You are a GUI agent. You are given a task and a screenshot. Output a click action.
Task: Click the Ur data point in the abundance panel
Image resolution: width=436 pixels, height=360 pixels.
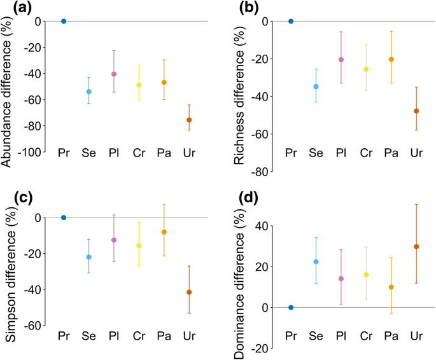[188, 120]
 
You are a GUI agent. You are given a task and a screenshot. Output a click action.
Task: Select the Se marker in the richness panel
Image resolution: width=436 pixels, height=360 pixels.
[316, 87]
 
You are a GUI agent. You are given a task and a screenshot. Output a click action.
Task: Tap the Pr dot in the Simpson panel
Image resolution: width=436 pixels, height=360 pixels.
[64, 218]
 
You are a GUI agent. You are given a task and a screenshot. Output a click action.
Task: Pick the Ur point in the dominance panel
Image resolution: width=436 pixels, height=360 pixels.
[416, 247]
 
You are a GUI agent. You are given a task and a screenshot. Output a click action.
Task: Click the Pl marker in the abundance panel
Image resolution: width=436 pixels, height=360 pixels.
[114, 74]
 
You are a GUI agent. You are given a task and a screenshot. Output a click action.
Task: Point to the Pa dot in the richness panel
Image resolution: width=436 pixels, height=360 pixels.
[391, 59]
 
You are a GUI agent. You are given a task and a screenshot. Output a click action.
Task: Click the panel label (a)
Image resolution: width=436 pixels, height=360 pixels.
[14, 8]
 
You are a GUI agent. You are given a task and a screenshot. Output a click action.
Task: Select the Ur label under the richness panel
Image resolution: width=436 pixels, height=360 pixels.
[416, 153]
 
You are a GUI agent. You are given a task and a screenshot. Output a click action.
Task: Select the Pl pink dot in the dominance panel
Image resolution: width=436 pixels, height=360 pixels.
[341, 279]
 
